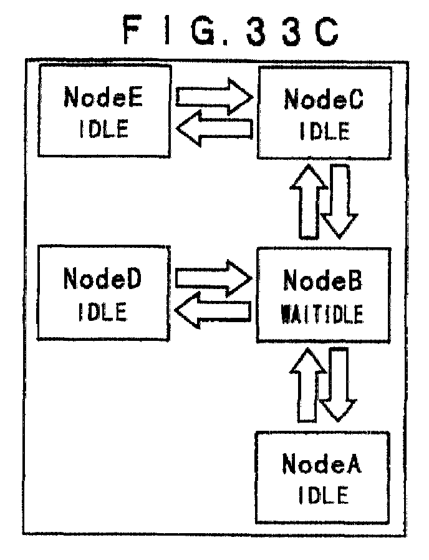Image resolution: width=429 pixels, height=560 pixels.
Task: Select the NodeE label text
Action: (104, 97)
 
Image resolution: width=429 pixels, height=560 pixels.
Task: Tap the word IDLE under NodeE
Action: (104, 129)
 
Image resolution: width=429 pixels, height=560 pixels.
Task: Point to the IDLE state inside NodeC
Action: (324, 131)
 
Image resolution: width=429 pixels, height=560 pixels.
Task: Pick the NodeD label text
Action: (102, 278)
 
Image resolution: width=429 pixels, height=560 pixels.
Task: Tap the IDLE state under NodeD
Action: (103, 312)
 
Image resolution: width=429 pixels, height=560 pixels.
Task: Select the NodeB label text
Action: (323, 280)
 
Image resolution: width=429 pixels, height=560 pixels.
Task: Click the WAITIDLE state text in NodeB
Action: (322, 314)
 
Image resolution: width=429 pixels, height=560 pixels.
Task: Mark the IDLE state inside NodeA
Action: (323, 495)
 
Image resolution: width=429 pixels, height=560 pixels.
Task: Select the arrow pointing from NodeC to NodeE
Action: (214, 128)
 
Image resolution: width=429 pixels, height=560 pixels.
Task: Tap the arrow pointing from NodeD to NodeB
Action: (214, 278)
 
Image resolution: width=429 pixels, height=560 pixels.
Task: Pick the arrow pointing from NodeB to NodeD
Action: (213, 310)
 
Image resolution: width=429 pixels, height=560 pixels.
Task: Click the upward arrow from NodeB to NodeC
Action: (309, 202)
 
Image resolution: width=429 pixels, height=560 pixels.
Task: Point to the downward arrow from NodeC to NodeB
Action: (339, 202)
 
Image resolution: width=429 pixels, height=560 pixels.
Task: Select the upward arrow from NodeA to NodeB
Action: (307, 385)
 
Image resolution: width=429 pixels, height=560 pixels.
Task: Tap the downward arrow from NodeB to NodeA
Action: (338, 385)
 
